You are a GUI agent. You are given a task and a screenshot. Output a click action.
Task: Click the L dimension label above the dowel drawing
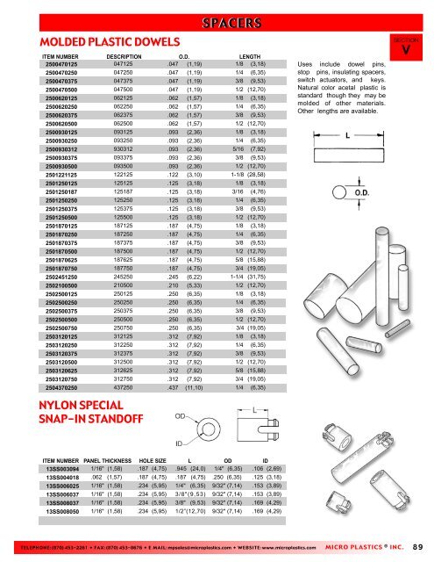click(x=350, y=136)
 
